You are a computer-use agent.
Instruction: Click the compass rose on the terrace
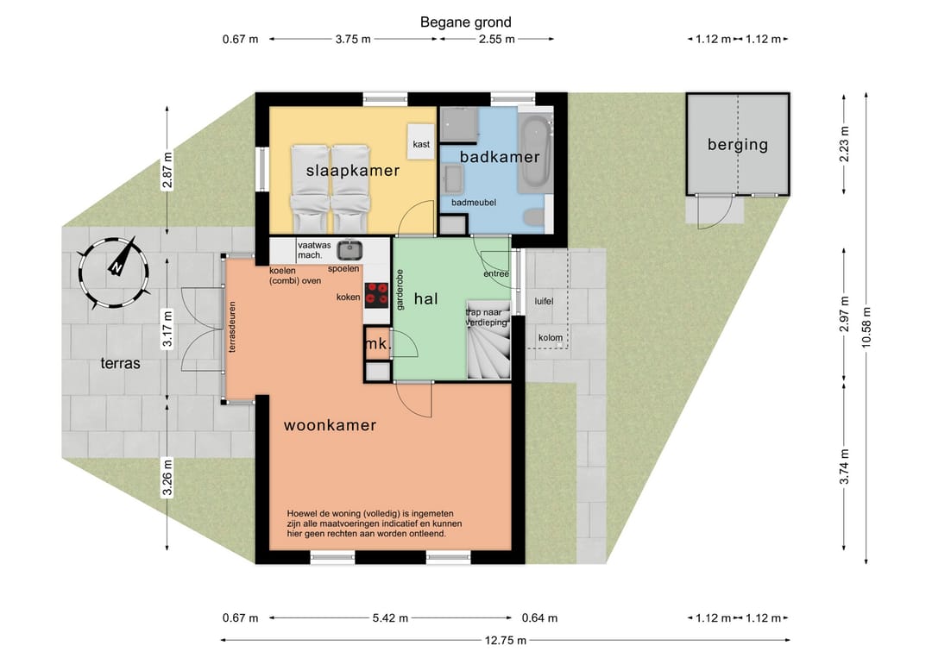tap(113, 273)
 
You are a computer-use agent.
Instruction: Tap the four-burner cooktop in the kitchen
tap(377, 295)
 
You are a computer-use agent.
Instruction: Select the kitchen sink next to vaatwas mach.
tap(350, 250)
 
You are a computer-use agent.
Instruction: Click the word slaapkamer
tap(352, 171)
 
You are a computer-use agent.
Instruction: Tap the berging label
tap(738, 145)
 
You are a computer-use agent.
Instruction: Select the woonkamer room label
tap(330, 425)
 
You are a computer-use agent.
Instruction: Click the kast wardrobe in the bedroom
tap(421, 141)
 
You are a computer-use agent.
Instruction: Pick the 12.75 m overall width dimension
tap(505, 640)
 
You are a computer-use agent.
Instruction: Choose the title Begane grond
tap(465, 22)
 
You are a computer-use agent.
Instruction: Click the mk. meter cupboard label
tap(377, 344)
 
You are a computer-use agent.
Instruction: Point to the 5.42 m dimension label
tap(391, 618)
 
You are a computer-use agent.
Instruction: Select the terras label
tap(120, 363)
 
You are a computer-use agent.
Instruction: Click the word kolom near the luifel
tap(551, 337)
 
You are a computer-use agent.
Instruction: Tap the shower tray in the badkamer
tap(459, 125)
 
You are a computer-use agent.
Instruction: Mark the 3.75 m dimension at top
tap(353, 39)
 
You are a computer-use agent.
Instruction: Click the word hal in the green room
tap(425, 298)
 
